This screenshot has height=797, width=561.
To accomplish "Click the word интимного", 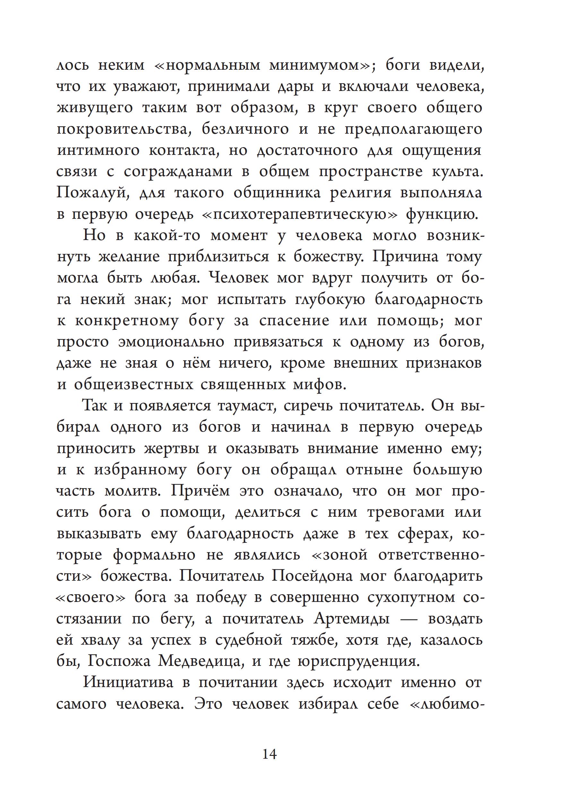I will (x=98, y=151).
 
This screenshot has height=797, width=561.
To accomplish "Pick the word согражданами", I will (x=178, y=172).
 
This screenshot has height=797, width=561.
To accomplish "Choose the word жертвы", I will (x=172, y=449).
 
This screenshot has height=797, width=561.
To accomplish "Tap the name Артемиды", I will (x=351, y=619).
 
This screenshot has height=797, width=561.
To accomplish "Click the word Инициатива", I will (x=128, y=683).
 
